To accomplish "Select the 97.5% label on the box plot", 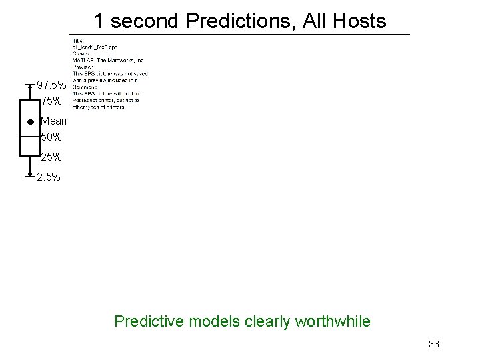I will point(51,85).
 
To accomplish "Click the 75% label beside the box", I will point(51,101).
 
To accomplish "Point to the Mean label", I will point(53,121).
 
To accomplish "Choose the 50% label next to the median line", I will point(51,137).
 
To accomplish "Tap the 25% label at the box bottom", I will point(51,157).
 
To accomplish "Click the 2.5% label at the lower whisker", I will point(49,177).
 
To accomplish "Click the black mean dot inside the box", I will point(31,123).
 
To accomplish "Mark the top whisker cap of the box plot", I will point(30,85).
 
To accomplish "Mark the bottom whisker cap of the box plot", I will point(30,177).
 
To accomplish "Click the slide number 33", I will point(434,344).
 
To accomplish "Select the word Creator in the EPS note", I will point(81,55).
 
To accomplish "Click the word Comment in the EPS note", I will point(84,87).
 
